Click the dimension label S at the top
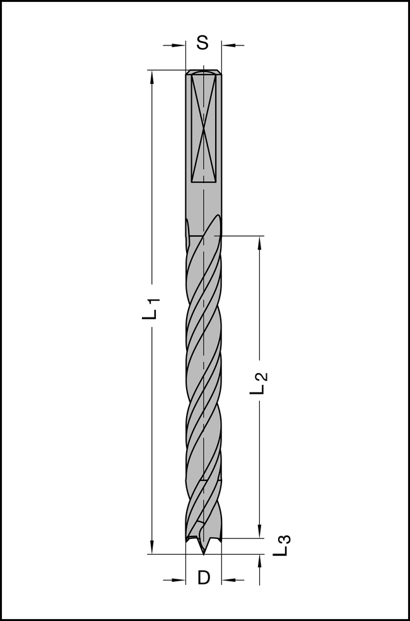pyautogui.click(x=202, y=43)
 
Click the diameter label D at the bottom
pyautogui.click(x=203, y=577)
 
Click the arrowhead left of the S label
pyautogui.click(x=179, y=45)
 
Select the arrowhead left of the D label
pyautogui.click(x=179, y=580)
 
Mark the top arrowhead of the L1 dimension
pyautogui.click(x=151, y=76)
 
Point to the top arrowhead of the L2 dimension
pyautogui.click(x=259, y=243)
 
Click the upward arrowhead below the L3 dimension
pyautogui.click(x=259, y=561)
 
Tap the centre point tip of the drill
pyautogui.click(x=204, y=553)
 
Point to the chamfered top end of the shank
pyautogui.click(x=204, y=72)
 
